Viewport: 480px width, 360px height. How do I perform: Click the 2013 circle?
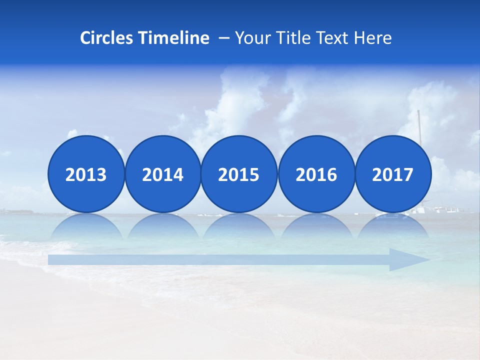tap(86, 174)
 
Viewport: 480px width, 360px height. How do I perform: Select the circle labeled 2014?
tap(162, 174)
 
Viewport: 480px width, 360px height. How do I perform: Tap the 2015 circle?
tap(239, 174)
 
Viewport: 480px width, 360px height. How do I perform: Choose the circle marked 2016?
tap(316, 174)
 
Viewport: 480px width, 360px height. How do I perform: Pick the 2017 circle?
tap(392, 174)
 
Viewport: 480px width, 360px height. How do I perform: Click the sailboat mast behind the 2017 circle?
tap(419, 125)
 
